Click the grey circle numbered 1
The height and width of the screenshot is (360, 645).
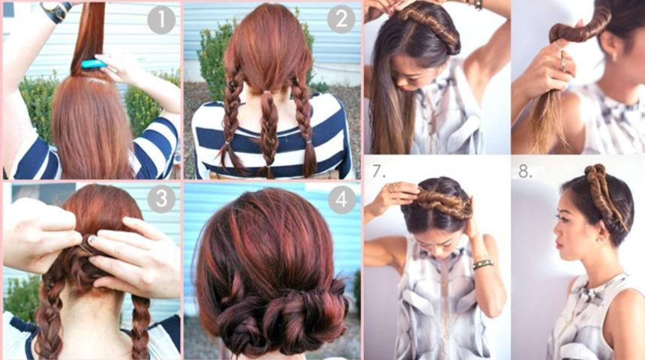pos(161,20)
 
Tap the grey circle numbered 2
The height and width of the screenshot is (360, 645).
pos(341,19)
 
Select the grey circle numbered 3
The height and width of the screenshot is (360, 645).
pos(161,199)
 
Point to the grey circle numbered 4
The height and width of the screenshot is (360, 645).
pos(341,199)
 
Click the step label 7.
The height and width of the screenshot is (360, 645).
pos(379,171)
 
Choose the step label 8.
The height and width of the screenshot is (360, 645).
pos(524,172)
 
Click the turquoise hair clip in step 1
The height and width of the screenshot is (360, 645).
pos(94,64)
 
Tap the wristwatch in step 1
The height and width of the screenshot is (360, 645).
pos(57,11)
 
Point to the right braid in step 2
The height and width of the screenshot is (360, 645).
pos(304,124)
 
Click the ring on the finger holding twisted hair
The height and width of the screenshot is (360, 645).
pos(562,63)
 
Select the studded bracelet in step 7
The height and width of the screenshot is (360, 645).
pos(483,264)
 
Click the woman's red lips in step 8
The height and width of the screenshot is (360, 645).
pos(559,245)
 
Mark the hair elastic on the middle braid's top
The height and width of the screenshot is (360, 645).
pos(268,92)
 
